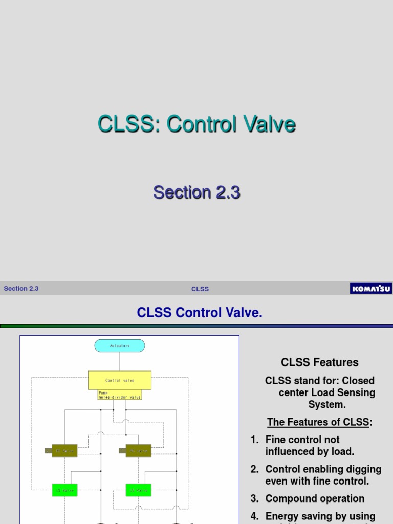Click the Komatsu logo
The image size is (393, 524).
click(x=370, y=289)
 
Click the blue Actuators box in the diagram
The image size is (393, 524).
click(x=120, y=346)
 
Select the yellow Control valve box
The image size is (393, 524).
click(x=120, y=380)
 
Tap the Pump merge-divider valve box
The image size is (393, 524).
click(x=120, y=395)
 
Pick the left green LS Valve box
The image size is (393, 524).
click(x=64, y=490)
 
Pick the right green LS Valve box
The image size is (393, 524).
click(x=138, y=490)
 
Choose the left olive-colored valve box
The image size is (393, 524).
click(x=64, y=451)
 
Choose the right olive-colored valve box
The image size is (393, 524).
click(x=138, y=451)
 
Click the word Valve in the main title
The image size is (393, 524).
click(x=270, y=124)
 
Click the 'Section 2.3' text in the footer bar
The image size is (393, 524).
click(x=21, y=289)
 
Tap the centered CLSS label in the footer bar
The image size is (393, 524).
click(x=200, y=289)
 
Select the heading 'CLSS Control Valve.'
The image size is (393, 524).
click(x=200, y=313)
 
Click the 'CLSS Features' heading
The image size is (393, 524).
click(x=320, y=362)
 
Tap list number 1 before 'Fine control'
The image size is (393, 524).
click(x=254, y=440)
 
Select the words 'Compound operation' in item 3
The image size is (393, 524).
click(x=315, y=499)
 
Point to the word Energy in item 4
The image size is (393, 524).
click(x=282, y=516)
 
